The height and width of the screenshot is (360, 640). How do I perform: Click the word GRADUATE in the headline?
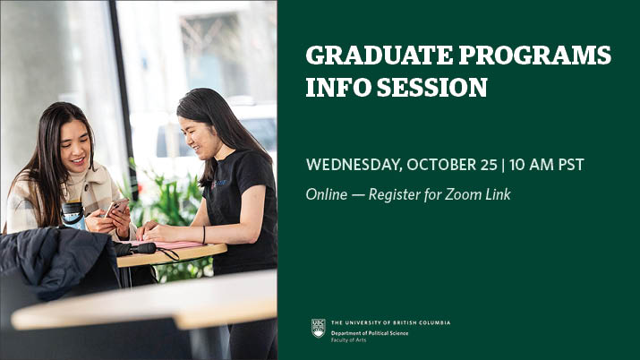click(380, 56)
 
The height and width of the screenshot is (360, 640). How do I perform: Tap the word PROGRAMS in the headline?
click(534, 56)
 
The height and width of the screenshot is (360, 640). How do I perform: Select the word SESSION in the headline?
click(432, 87)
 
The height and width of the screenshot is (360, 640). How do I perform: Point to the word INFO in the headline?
click(338, 87)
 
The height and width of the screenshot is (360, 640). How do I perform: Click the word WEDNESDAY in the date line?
click(354, 165)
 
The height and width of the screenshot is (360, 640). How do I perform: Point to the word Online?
click(327, 194)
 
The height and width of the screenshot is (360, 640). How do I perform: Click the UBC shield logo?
click(319, 328)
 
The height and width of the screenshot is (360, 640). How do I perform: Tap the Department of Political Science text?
click(370, 333)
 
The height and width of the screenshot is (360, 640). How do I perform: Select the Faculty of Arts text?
click(348, 340)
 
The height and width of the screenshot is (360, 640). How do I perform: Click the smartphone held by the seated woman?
click(115, 207)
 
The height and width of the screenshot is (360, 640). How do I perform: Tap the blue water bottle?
click(73, 215)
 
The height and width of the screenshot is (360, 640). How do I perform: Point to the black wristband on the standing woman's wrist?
click(204, 236)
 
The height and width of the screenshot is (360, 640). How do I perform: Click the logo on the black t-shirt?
click(218, 184)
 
